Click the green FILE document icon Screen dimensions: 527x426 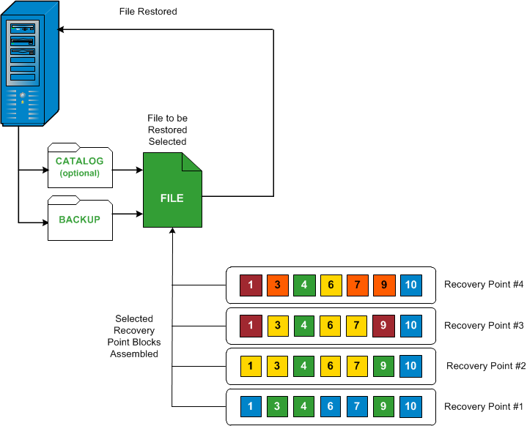pos(172,190)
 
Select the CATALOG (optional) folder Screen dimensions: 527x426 pos(80,165)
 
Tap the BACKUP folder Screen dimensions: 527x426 pos(80,218)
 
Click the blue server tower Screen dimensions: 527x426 pos(30,64)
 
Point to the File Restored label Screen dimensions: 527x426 pos(148,12)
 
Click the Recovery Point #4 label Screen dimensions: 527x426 pos(484,284)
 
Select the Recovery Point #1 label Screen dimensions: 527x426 pos(484,406)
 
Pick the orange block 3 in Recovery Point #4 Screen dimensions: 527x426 pos(278,285)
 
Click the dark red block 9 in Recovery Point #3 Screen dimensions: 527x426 pos(383,326)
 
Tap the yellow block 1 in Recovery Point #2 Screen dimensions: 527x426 pos(251,366)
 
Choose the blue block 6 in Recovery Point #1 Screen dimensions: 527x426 pos(331,406)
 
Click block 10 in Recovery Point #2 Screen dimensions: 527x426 pos(410,366)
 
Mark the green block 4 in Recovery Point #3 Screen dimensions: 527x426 pos(304,326)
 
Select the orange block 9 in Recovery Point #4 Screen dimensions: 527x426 pos(384,285)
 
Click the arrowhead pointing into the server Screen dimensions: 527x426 pos(61,30)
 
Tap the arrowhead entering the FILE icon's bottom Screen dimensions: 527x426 pos(172,231)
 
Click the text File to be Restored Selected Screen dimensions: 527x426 pos(167,130)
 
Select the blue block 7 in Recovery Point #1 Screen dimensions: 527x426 pos(357,406)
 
